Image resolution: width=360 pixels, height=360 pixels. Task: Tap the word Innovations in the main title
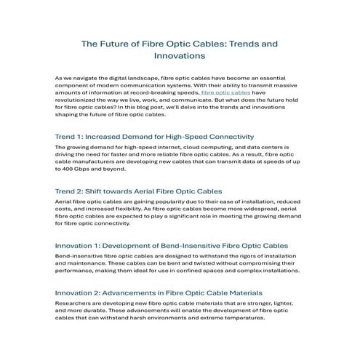tap(178, 55)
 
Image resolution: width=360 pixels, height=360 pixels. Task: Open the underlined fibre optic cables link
tap(225, 94)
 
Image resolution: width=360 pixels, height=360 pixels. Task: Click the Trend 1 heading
tap(153, 136)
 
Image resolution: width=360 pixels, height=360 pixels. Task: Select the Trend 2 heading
tap(138, 191)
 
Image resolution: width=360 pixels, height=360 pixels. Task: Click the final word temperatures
tap(238, 318)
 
